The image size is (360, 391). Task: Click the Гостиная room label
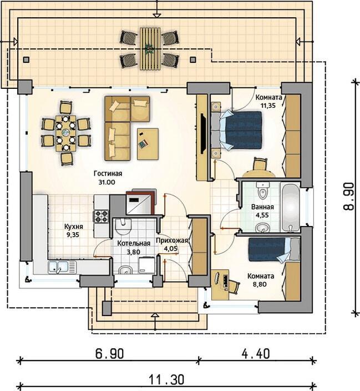tap(108, 173)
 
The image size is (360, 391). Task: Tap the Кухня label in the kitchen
tap(74, 227)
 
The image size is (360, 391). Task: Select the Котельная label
tap(134, 243)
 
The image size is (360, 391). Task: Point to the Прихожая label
tap(171, 240)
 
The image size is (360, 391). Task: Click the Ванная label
tap(262, 207)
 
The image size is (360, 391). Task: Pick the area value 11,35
tap(268, 106)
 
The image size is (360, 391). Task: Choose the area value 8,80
tap(260, 284)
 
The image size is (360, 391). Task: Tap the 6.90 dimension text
tap(109, 354)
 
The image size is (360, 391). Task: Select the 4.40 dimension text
tap(256, 354)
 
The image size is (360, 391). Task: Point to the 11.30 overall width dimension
tap(167, 380)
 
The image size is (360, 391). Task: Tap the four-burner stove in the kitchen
tap(101, 216)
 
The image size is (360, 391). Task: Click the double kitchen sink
tap(62, 267)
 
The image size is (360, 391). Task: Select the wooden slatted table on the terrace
tap(149, 49)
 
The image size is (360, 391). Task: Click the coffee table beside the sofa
tap(148, 144)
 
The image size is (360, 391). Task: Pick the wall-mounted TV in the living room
tap(203, 133)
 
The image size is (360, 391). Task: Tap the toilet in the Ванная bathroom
tap(263, 191)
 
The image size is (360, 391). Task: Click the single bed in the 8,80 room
tap(274, 250)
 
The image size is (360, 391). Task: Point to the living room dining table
tap(66, 133)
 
